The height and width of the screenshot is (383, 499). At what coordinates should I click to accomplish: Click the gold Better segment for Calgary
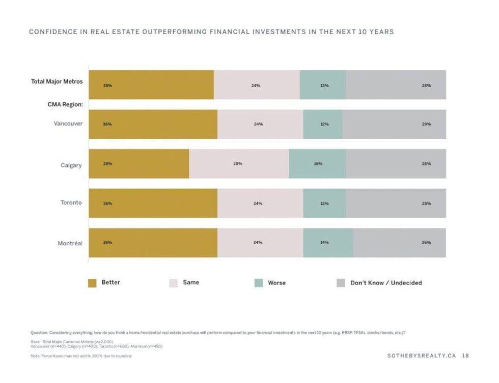[138, 164]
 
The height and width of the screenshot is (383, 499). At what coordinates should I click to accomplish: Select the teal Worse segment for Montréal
[328, 243]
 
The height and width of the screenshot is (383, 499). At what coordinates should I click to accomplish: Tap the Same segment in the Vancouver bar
[260, 124]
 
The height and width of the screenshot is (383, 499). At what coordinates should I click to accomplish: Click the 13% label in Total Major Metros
[324, 85]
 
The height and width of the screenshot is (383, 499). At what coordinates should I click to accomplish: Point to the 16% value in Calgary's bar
[318, 164]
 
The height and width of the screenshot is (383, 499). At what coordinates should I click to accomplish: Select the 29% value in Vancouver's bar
[426, 124]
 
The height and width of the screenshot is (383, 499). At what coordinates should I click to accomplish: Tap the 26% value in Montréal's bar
[426, 242]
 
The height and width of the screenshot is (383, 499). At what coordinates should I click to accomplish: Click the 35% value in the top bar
[107, 85]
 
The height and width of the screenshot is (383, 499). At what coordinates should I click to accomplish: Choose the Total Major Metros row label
[57, 82]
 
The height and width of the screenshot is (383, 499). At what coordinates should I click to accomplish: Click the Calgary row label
[71, 165]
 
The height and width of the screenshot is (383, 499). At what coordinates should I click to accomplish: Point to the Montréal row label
[70, 243]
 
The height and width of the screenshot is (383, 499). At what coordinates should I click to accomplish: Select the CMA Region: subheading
[65, 105]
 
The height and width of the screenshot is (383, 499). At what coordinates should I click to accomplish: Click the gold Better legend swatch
[92, 283]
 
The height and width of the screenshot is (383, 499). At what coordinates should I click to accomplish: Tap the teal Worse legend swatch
[259, 283]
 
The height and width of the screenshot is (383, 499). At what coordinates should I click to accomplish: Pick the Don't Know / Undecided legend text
[386, 283]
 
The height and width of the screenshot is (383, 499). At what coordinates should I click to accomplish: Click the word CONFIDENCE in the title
[57, 32]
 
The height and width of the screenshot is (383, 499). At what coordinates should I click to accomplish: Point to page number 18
[465, 356]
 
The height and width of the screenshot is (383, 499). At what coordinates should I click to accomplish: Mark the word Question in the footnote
[39, 332]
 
